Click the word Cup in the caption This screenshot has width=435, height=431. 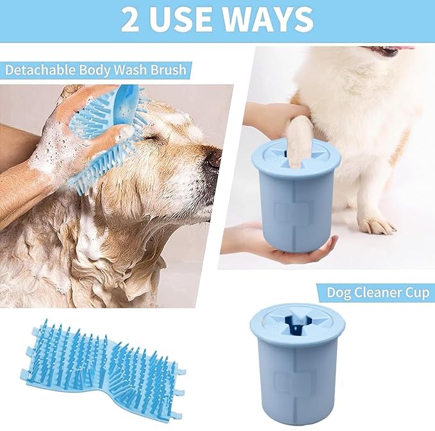pyautogui.click(x=416, y=293)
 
